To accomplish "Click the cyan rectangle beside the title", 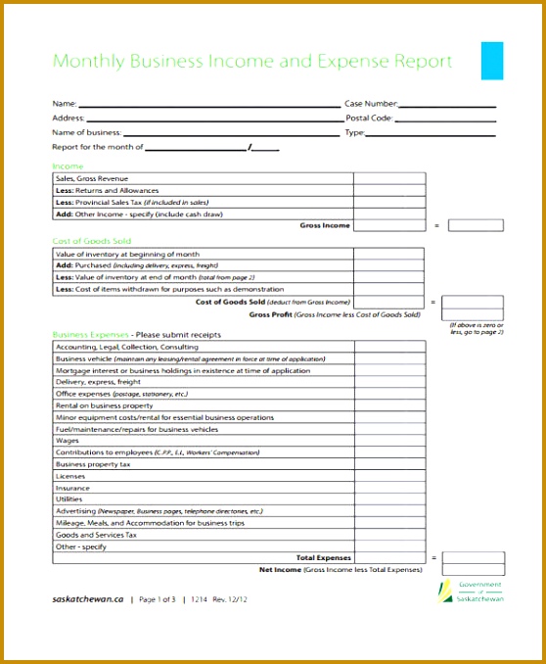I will pos(492,61).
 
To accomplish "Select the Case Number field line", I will pos(451,105).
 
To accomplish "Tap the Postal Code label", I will pos(369,118).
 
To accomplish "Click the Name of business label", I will pos(86,132).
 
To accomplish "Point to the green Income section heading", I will pos(68,166).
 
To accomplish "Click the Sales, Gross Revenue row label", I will pos(92,178).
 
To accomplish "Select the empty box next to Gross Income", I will pos(475,225).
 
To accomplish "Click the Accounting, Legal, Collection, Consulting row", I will pos(127,347).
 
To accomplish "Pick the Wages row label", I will pos(68,441).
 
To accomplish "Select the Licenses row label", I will pos(71,476).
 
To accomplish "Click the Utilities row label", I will pos(69,499).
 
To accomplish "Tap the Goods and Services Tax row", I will pos(96,535).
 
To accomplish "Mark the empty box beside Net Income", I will pos(475,569).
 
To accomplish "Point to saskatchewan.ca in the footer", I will pos(87,598).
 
